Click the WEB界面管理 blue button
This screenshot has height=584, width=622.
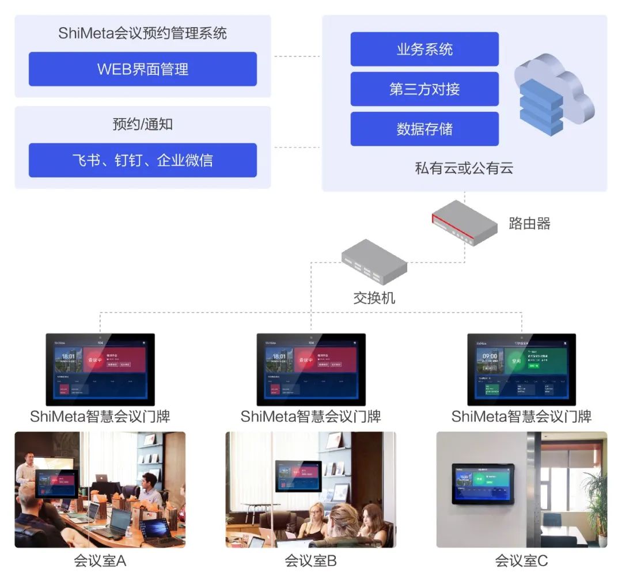[142, 69]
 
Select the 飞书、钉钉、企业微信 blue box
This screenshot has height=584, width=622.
[142, 160]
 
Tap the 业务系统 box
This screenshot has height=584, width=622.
[424, 50]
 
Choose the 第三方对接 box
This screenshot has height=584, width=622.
[424, 89]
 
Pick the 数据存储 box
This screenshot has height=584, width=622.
[424, 129]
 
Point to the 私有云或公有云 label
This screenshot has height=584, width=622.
[464, 168]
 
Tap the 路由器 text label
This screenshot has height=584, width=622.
[529, 223]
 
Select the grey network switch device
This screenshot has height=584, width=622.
[374, 262]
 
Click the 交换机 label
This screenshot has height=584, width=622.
[374, 298]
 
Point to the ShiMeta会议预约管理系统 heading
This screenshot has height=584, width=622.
[142, 33]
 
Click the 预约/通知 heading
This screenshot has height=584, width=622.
[142, 124]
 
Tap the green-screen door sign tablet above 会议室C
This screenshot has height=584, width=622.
[521, 369]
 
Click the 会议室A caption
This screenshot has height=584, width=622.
[100, 560]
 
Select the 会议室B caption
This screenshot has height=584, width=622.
[310, 560]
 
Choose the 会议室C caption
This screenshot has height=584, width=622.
[521, 560]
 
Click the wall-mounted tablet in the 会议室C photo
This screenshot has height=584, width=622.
[483, 483]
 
